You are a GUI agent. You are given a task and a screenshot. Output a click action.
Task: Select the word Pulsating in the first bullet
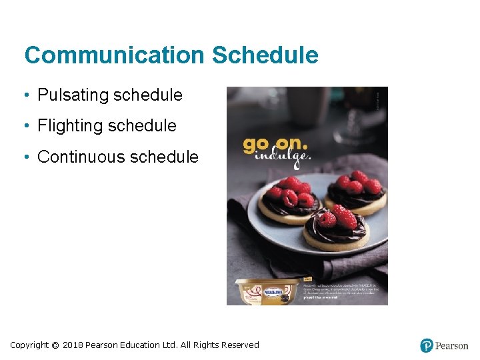click(x=73, y=95)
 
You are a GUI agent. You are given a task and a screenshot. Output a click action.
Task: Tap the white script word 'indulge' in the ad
click(x=286, y=157)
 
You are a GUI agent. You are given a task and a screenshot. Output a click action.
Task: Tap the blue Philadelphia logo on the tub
click(x=274, y=292)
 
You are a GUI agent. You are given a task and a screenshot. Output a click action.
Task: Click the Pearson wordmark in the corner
click(x=451, y=345)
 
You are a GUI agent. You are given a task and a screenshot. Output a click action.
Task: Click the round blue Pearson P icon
click(x=427, y=345)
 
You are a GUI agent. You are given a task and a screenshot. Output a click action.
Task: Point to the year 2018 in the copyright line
click(x=72, y=345)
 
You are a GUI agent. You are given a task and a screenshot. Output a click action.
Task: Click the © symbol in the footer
click(x=55, y=345)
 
